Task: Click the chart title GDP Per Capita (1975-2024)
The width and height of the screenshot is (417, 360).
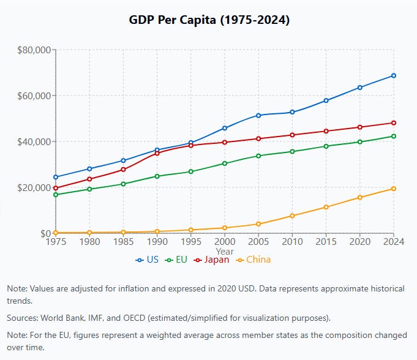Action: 209,20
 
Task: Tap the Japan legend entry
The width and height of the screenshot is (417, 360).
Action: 212,260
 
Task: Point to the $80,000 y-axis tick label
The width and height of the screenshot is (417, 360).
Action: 34,50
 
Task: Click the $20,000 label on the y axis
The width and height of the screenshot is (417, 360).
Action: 34,187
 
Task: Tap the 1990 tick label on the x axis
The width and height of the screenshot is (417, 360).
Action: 157,242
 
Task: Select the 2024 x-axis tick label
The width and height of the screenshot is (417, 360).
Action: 394,242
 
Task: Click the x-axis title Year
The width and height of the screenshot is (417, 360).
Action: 225,251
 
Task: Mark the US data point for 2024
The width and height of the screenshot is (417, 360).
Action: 394,75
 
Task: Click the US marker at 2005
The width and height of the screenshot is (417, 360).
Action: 258,115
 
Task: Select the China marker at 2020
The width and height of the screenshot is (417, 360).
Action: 360,197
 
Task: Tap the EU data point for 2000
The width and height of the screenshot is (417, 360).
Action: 225,163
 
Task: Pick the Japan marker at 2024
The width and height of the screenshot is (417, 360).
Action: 394,123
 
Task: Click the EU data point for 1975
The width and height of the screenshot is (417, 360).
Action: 56,195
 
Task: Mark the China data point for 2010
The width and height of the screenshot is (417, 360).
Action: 292,216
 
